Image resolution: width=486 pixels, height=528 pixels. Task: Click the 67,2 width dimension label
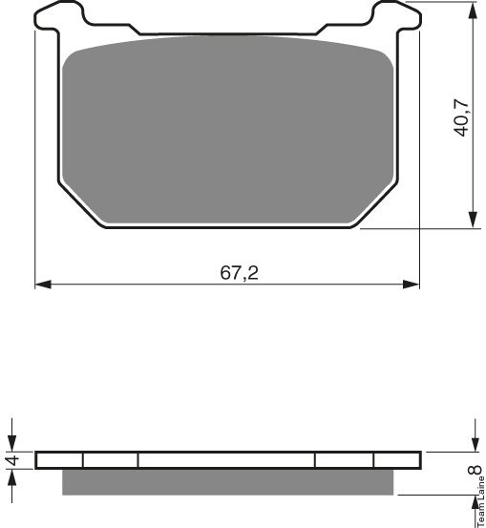pos(239,273)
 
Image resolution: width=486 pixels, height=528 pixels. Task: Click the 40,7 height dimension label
pos(461,117)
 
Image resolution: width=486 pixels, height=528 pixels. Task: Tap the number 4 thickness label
pos(13,460)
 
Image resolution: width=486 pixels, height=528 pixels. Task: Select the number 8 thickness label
pos(475,470)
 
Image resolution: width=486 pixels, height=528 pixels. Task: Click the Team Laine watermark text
pos(481,501)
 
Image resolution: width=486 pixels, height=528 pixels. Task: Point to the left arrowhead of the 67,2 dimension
pos(43,285)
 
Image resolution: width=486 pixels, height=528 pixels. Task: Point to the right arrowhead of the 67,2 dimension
pos(412,285)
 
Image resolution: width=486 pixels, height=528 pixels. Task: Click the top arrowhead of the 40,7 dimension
pos(474,11)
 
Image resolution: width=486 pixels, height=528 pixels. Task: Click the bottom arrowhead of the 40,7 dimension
pos(474,221)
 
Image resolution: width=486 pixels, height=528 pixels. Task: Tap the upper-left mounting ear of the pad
pos(59,15)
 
